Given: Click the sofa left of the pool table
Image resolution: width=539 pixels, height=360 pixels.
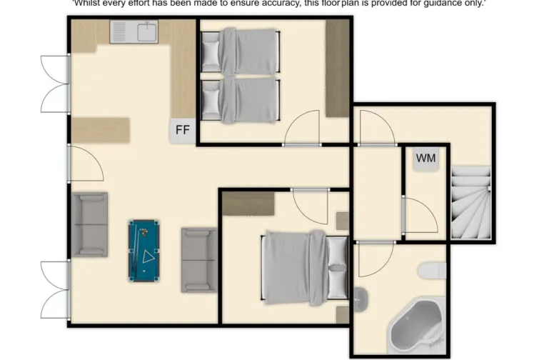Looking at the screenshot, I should [x=89, y=223].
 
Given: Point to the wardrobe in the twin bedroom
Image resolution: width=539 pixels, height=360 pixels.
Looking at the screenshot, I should [x=337, y=68].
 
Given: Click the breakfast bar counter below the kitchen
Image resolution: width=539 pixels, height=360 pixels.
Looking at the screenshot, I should [x=100, y=130].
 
